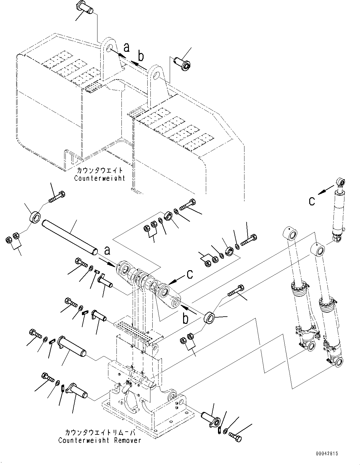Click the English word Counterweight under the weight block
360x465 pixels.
tap(99, 178)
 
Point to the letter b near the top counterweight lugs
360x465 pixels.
tap(141, 56)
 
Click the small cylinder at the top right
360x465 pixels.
tap(339, 211)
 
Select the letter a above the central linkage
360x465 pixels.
tap(107, 251)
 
